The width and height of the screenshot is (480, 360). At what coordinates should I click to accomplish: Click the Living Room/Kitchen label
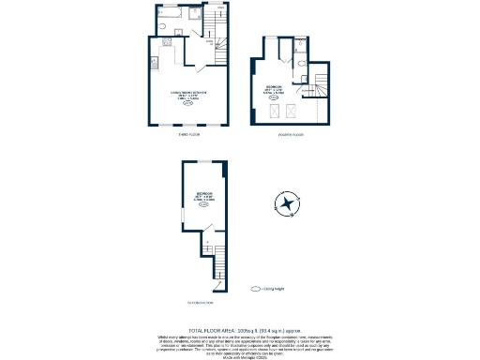(187, 94)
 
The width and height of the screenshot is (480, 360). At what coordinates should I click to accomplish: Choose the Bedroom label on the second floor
(202, 197)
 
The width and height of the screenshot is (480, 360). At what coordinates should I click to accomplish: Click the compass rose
(286, 204)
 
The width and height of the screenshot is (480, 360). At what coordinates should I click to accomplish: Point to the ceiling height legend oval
(255, 289)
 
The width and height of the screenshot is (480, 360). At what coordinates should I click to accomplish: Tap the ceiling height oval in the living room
(187, 104)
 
